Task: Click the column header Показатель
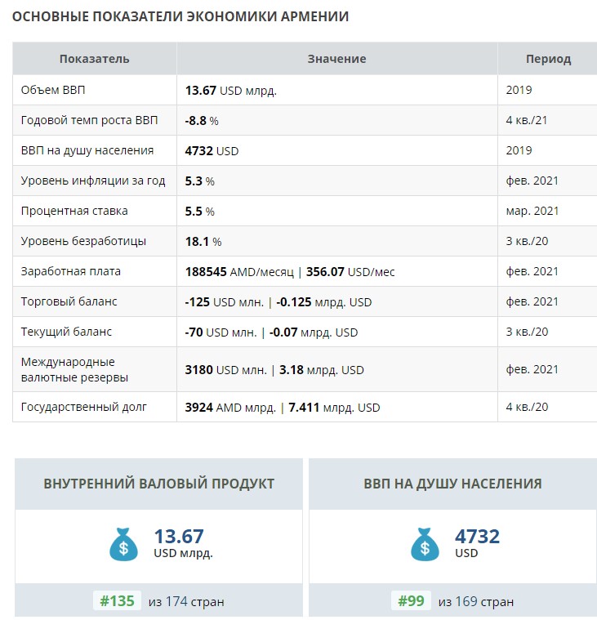[94, 59]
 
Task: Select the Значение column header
[336, 59]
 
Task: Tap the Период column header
[548, 60]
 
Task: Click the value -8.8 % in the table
[202, 121]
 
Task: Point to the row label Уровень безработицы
[83, 241]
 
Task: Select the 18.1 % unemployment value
[203, 242]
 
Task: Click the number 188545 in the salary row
[206, 272]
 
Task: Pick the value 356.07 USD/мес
[350, 272]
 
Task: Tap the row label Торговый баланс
[69, 301]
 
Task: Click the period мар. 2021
[532, 211]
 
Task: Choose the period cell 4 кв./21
[527, 120]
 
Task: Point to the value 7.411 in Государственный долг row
[304, 408]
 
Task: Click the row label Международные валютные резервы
[74, 370]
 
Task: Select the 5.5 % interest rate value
[199, 212]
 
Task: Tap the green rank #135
[117, 601]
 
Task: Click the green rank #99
[411, 601]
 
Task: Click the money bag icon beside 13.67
[124, 545]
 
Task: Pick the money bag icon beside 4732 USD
[425, 545]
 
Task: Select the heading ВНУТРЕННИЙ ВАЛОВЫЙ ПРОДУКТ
[159, 484]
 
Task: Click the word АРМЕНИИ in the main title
[314, 16]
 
